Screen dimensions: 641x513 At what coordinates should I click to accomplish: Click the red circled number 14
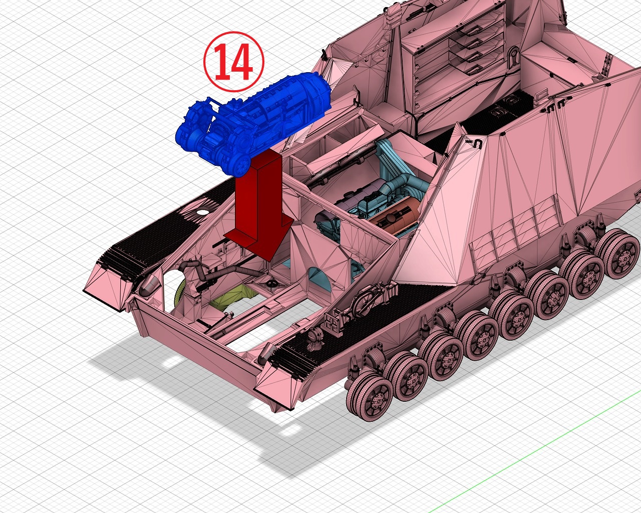[234, 62]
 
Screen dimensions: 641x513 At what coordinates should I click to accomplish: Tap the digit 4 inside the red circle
[242, 62]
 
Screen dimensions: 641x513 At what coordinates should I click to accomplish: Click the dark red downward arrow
[258, 206]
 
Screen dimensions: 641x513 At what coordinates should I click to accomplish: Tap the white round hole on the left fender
[203, 212]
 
